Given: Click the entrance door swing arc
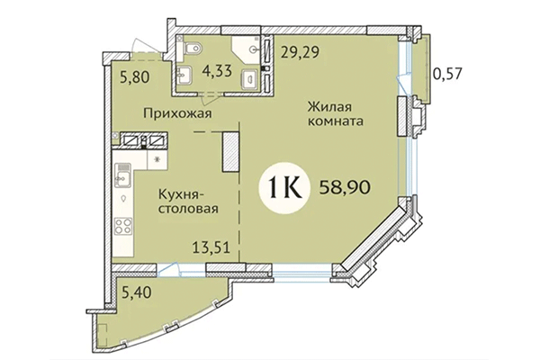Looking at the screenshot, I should tap(135, 43).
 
